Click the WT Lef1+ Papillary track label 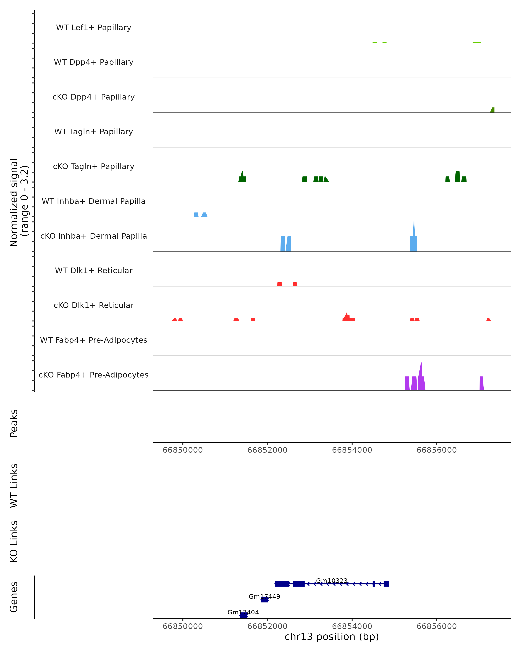click(94, 28)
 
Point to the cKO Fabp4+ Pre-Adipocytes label click(94, 375)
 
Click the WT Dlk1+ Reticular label click(94, 270)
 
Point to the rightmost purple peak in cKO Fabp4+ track click(481, 383)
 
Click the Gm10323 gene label click(332, 581)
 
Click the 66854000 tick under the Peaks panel click(352, 450)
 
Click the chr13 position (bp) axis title click(332, 637)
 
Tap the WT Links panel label click(14, 486)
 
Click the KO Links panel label click(14, 542)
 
